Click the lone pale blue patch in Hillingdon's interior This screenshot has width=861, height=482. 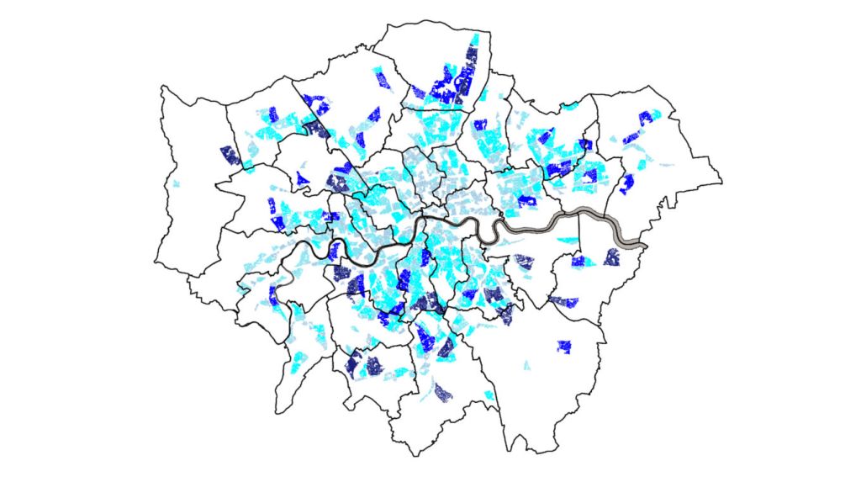click(x=176, y=184)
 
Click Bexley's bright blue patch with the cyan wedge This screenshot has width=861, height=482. click(x=578, y=261)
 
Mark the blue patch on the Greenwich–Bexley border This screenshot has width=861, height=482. click(x=563, y=301)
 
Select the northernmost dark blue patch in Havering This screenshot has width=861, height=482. click(x=645, y=118)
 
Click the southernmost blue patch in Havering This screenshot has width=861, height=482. click(x=626, y=183)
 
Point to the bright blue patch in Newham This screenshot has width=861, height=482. click(x=527, y=200)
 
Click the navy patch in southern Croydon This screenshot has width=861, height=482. click(x=443, y=391)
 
